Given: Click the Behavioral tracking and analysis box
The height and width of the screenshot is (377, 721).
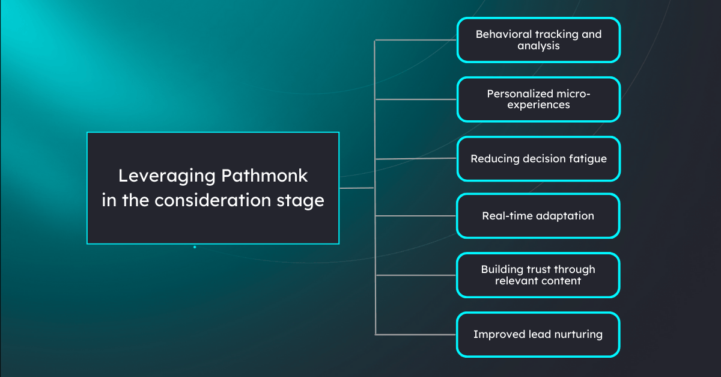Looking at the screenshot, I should [538, 40].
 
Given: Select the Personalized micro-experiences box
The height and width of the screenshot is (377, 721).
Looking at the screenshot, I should [538, 99].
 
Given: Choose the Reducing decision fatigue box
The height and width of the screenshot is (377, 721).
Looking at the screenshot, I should [538, 159].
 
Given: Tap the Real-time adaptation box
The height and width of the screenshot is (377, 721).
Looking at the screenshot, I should [538, 215].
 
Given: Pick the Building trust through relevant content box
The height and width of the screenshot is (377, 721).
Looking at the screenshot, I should [538, 275].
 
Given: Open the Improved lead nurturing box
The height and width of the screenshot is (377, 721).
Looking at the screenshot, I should [538, 334].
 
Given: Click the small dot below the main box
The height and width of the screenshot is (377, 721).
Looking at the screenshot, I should [195, 247].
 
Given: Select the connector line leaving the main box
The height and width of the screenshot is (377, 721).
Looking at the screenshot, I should [357, 188].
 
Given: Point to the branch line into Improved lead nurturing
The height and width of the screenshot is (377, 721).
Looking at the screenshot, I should [416, 334].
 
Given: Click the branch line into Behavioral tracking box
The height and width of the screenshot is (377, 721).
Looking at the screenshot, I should [416, 40].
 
